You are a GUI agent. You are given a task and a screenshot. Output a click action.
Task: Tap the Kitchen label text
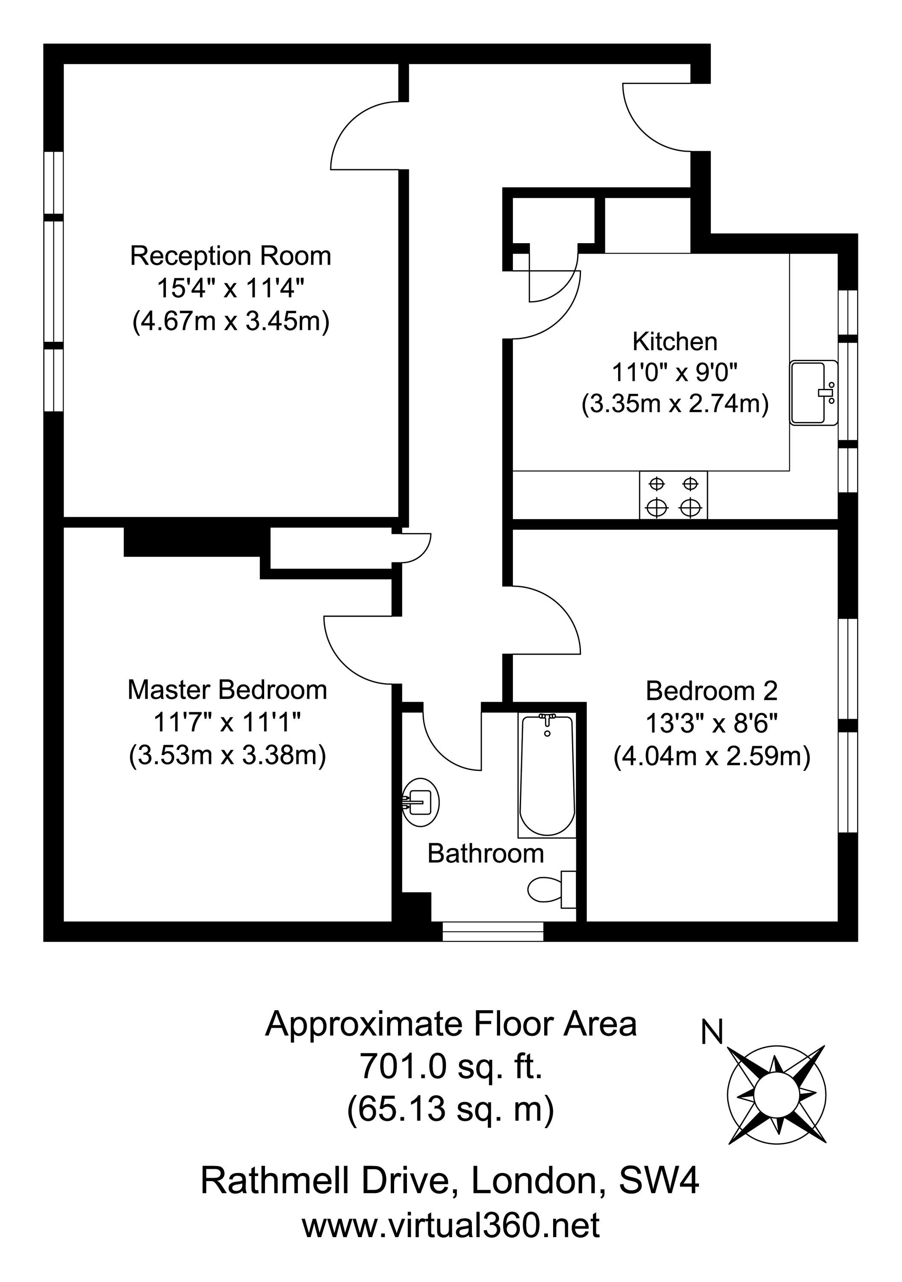[675, 342]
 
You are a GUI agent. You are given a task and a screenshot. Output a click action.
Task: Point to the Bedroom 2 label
[711, 691]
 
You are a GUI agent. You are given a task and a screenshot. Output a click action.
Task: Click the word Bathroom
[485, 854]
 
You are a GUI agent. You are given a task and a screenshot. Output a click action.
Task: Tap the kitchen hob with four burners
[674, 495]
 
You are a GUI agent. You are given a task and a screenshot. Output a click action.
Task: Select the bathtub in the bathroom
[547, 776]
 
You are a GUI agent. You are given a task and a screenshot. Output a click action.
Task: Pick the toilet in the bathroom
[552, 889]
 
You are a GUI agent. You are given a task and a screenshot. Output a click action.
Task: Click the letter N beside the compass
[712, 1032]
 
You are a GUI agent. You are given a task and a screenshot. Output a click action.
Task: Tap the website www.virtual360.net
[451, 1225]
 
